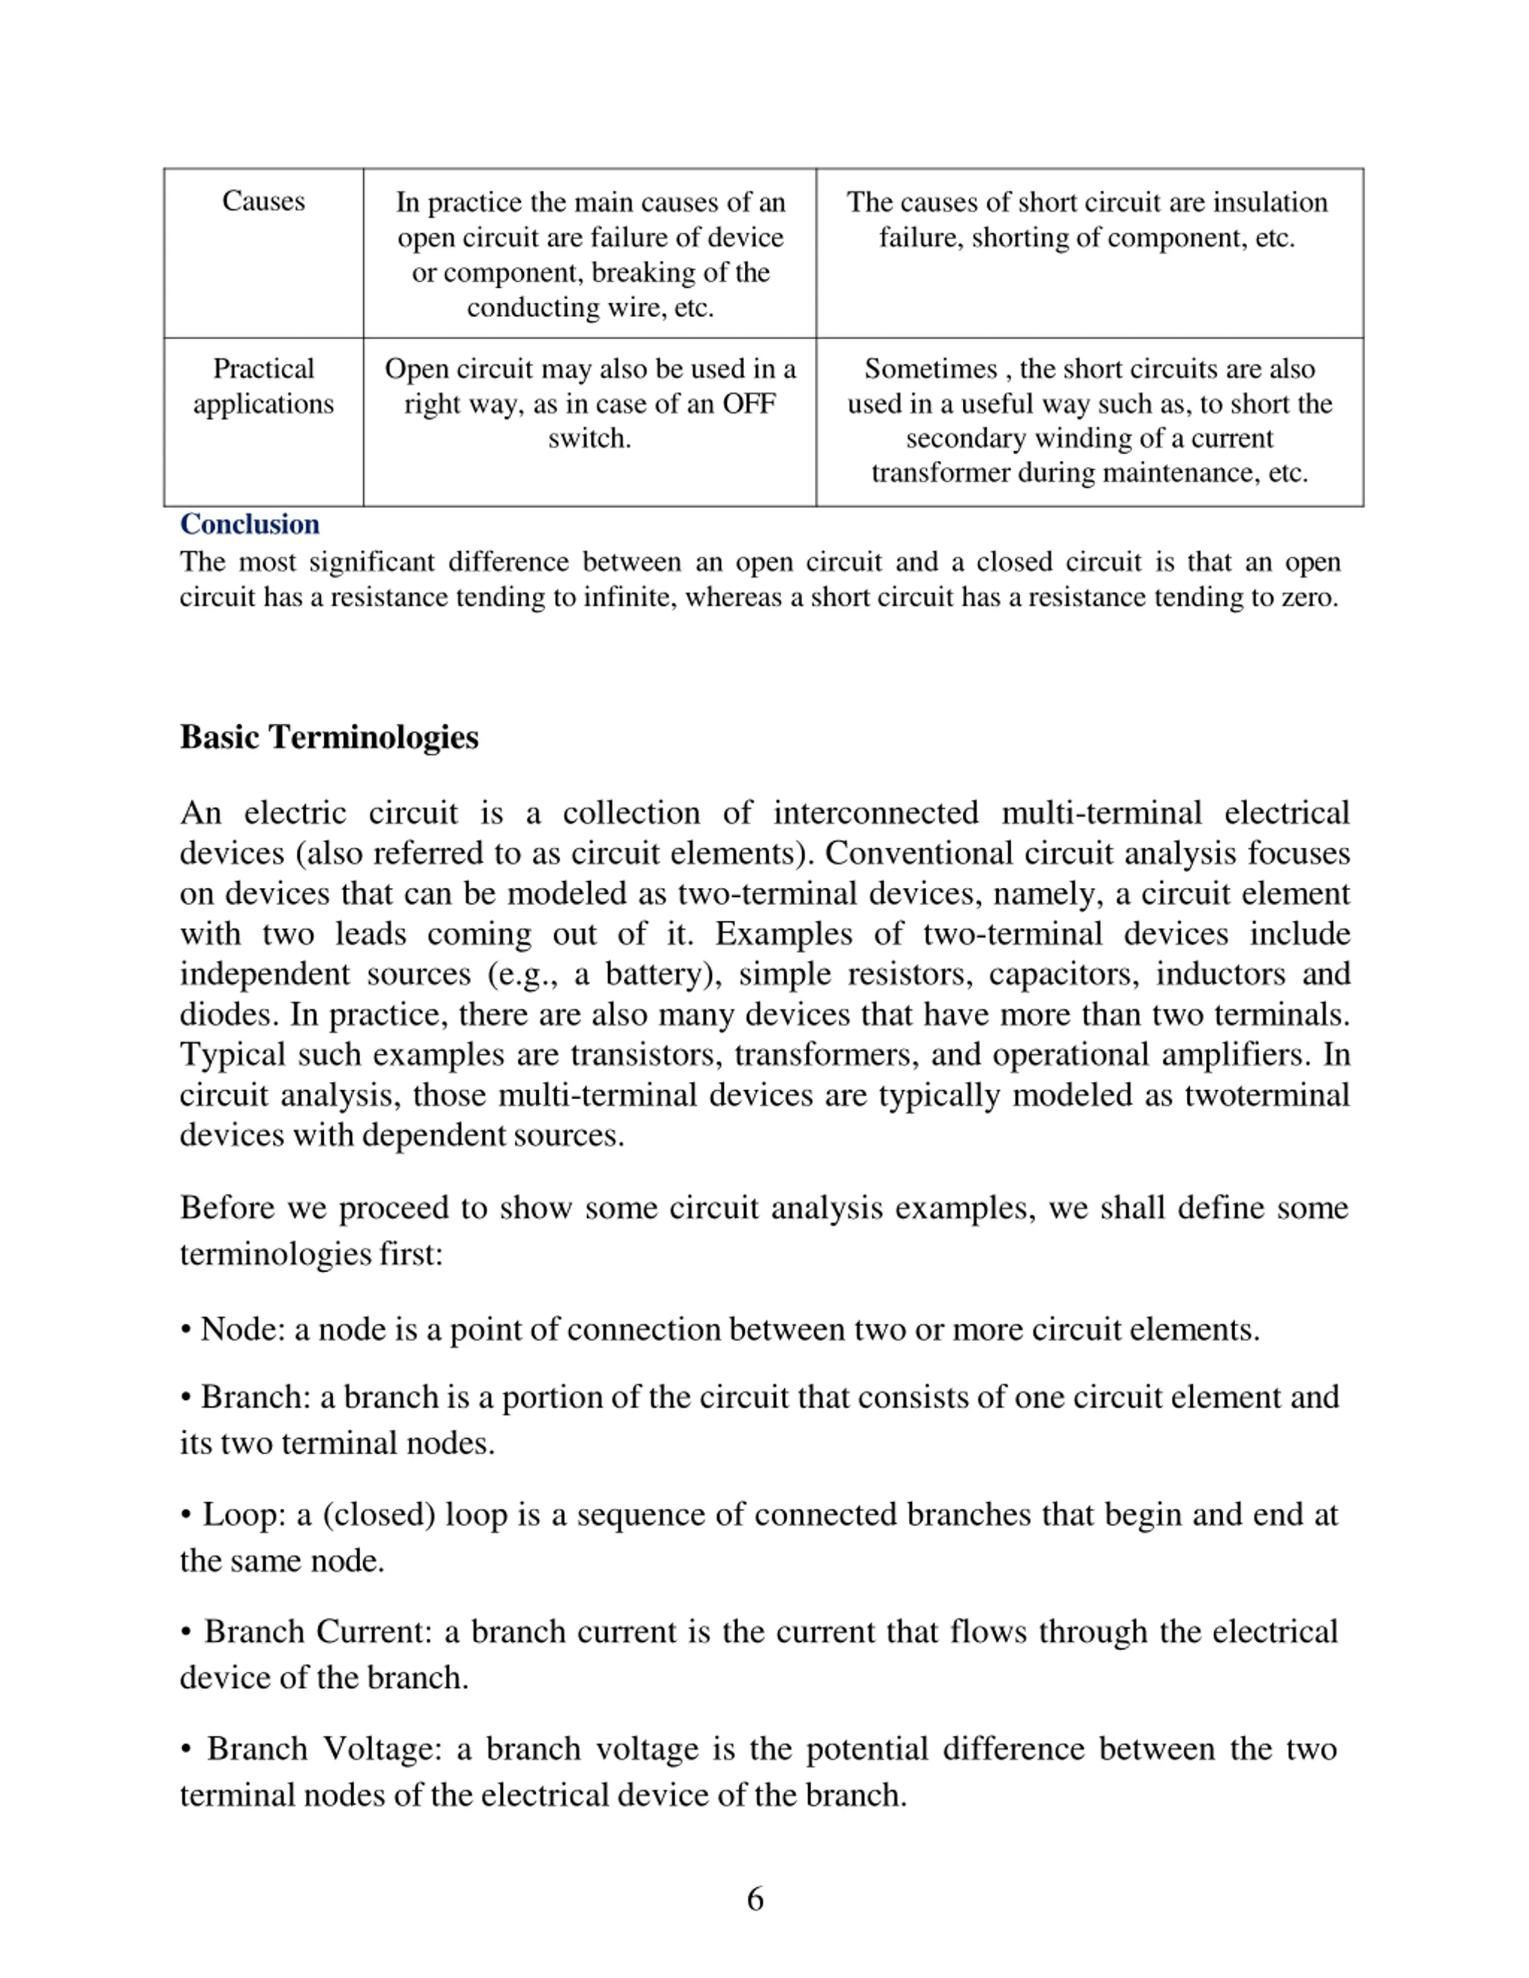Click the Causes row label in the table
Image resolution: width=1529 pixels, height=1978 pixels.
click(263, 201)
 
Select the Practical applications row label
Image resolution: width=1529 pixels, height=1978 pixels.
click(263, 386)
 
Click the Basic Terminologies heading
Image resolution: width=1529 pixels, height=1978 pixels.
click(329, 737)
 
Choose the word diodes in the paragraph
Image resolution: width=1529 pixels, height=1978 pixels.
click(228, 1014)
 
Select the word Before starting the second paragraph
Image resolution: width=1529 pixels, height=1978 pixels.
click(228, 1208)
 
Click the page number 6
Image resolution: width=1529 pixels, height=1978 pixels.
click(754, 1899)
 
